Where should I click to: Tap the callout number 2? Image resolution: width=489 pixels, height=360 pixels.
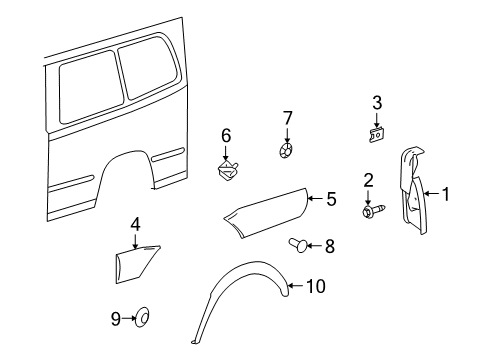368,180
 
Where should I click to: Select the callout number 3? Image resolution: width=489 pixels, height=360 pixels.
377,102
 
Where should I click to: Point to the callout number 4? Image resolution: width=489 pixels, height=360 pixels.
135,223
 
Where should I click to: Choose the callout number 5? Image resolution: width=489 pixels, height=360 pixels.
331,198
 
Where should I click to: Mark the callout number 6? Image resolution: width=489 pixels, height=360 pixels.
226,135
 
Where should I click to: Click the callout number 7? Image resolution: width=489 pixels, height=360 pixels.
287,119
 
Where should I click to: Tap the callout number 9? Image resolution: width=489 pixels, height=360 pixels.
115,318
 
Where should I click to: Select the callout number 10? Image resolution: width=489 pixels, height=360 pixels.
316,287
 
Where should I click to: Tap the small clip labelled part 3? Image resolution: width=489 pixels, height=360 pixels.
376,129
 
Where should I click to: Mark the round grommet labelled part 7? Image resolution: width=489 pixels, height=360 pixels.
286,149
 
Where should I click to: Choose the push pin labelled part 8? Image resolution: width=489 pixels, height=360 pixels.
300,243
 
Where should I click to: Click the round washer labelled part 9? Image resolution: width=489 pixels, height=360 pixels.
142,318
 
